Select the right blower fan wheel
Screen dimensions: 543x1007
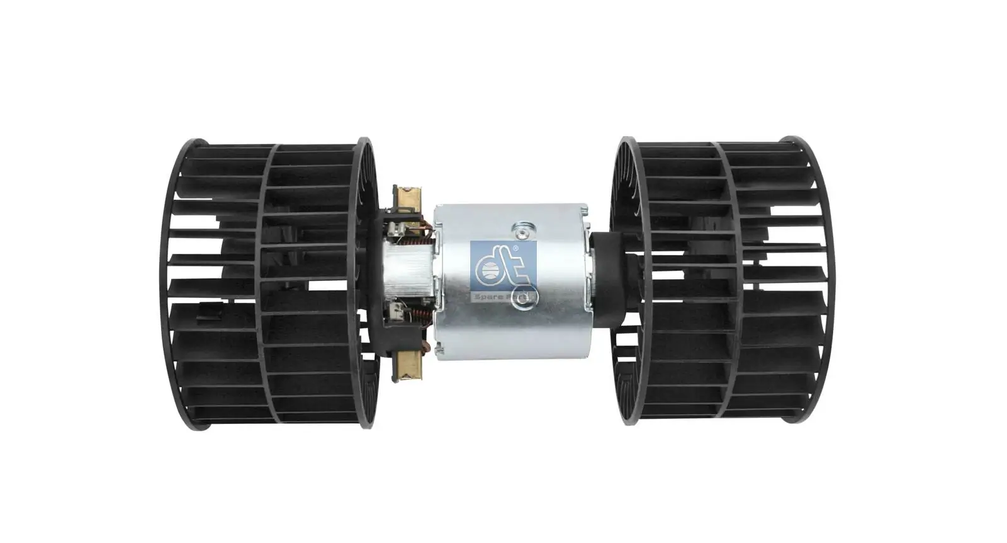pos(724,283)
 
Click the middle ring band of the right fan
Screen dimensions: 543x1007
pos(724,283)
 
